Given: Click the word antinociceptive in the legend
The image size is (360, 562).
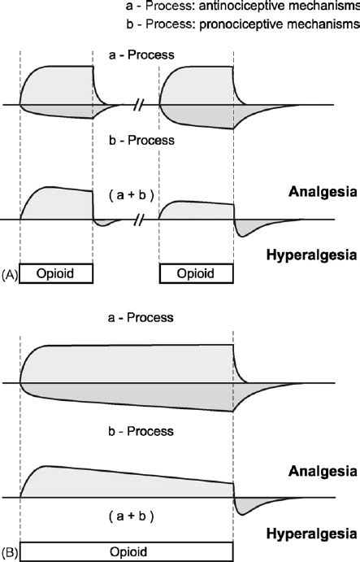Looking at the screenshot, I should (x=258, y=8).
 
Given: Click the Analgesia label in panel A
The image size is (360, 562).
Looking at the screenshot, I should (x=323, y=193).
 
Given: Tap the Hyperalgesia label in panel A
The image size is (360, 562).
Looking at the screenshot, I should (x=312, y=255).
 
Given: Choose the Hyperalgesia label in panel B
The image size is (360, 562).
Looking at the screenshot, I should (x=312, y=533).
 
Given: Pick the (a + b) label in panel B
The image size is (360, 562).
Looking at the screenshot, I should (x=126, y=515).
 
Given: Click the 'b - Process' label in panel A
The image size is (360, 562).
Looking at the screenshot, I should (x=126, y=140).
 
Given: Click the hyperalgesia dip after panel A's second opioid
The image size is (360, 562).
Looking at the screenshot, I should (x=243, y=229).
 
